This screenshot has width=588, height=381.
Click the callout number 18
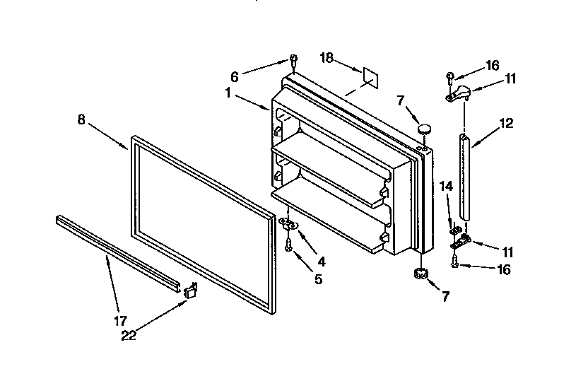coord(326,59)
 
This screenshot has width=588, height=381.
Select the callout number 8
coord(81,119)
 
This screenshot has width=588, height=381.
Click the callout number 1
coord(229,93)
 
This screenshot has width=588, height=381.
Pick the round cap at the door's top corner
coord(424,129)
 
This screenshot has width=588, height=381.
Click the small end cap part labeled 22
coord(190,290)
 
